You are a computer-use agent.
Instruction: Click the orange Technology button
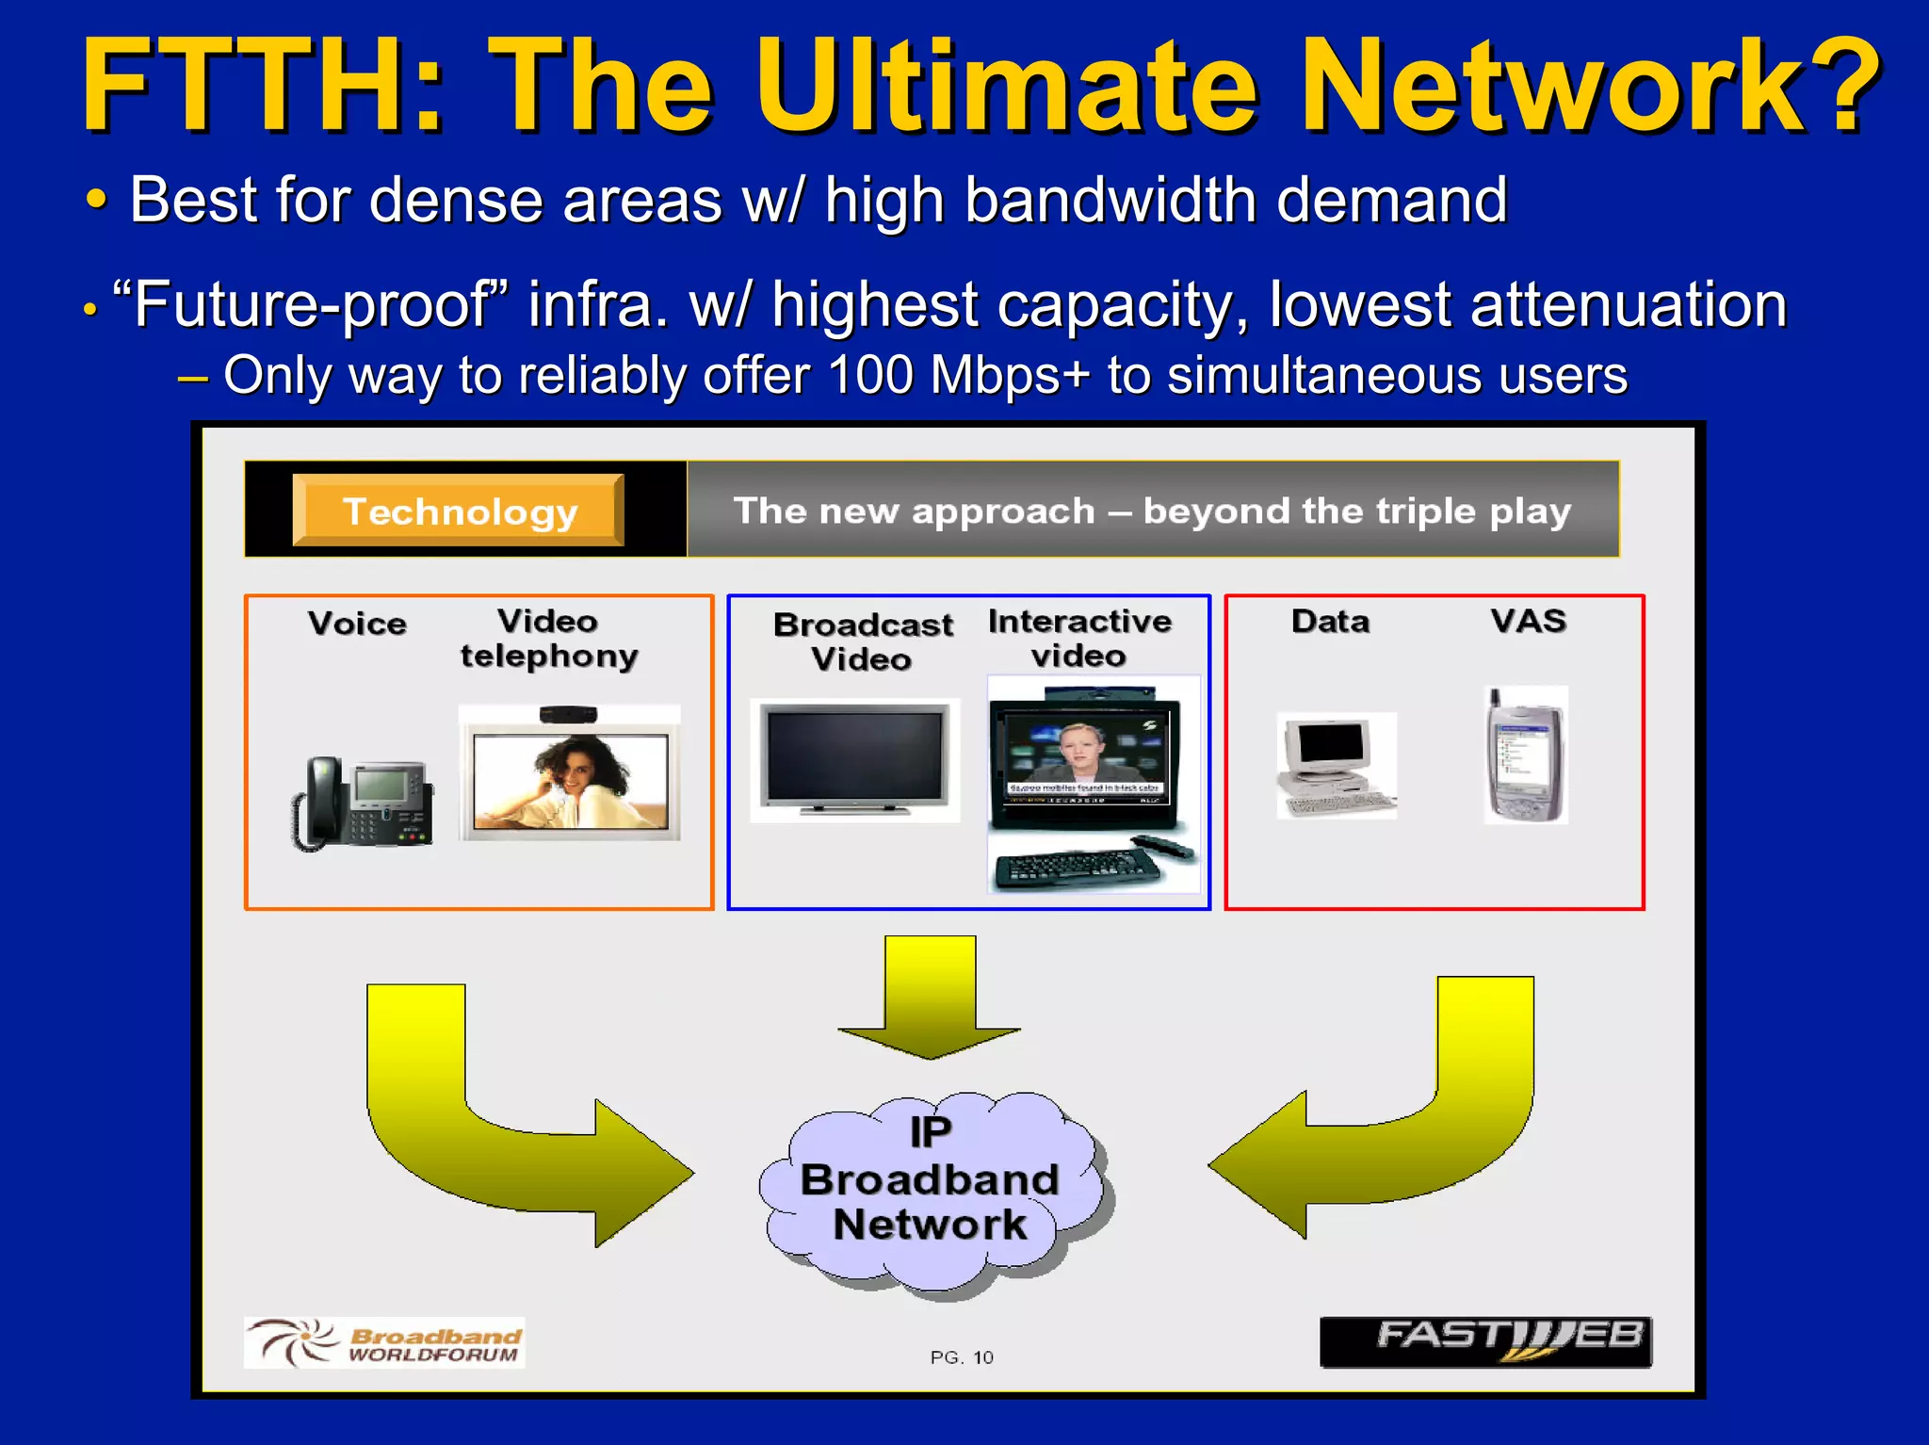click(459, 511)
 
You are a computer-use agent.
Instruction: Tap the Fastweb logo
click(1485, 1341)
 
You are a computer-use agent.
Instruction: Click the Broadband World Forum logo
click(384, 1342)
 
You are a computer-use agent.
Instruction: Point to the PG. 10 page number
click(961, 1357)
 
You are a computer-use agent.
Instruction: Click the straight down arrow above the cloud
click(930, 999)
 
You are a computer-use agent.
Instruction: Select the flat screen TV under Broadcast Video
click(854, 759)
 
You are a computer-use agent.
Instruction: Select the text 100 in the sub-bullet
click(870, 375)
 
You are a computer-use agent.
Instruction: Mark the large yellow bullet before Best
click(96, 201)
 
